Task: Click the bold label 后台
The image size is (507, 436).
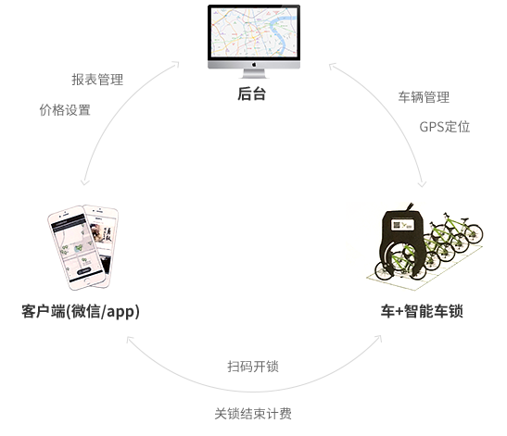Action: tap(251, 93)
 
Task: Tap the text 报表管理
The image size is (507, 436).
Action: tap(97, 80)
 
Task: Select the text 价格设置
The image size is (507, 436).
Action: tap(65, 110)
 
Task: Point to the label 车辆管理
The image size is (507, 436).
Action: tap(424, 97)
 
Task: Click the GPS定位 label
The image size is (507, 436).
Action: tap(445, 127)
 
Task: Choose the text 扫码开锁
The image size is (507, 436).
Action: tap(253, 367)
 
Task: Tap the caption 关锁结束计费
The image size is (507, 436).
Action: tap(253, 414)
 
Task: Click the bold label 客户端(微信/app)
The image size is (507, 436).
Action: tap(81, 311)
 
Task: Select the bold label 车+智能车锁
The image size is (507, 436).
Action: tap(422, 311)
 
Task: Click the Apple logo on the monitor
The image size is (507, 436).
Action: tap(254, 64)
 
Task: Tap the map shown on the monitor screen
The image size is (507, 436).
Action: tap(254, 32)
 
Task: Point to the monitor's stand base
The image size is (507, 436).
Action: tap(254, 76)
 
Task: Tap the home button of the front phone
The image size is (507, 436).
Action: tap(90, 281)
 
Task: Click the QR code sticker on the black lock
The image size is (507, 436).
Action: tap(402, 225)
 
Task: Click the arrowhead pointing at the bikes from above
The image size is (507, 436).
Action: tap(422, 184)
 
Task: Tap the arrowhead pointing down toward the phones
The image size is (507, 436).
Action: tap(84, 181)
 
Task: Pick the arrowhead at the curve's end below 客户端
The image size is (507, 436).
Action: tap(130, 340)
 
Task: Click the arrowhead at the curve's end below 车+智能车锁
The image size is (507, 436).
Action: tap(378, 339)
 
